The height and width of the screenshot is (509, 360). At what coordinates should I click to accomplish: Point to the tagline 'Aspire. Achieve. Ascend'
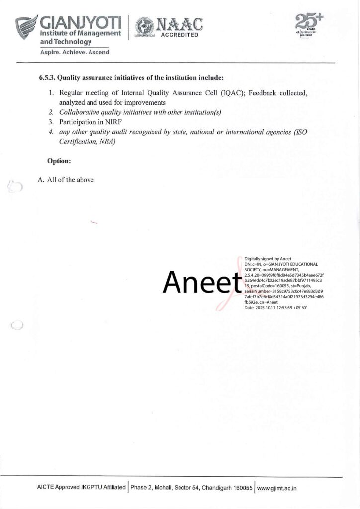(75, 51)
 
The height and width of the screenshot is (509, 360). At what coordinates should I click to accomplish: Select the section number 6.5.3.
(47, 78)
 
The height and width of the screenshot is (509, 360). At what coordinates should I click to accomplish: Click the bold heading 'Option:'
(59, 161)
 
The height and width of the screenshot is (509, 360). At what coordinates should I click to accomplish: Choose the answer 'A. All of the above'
(66, 180)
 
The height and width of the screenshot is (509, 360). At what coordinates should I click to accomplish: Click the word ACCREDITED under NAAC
(180, 35)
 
